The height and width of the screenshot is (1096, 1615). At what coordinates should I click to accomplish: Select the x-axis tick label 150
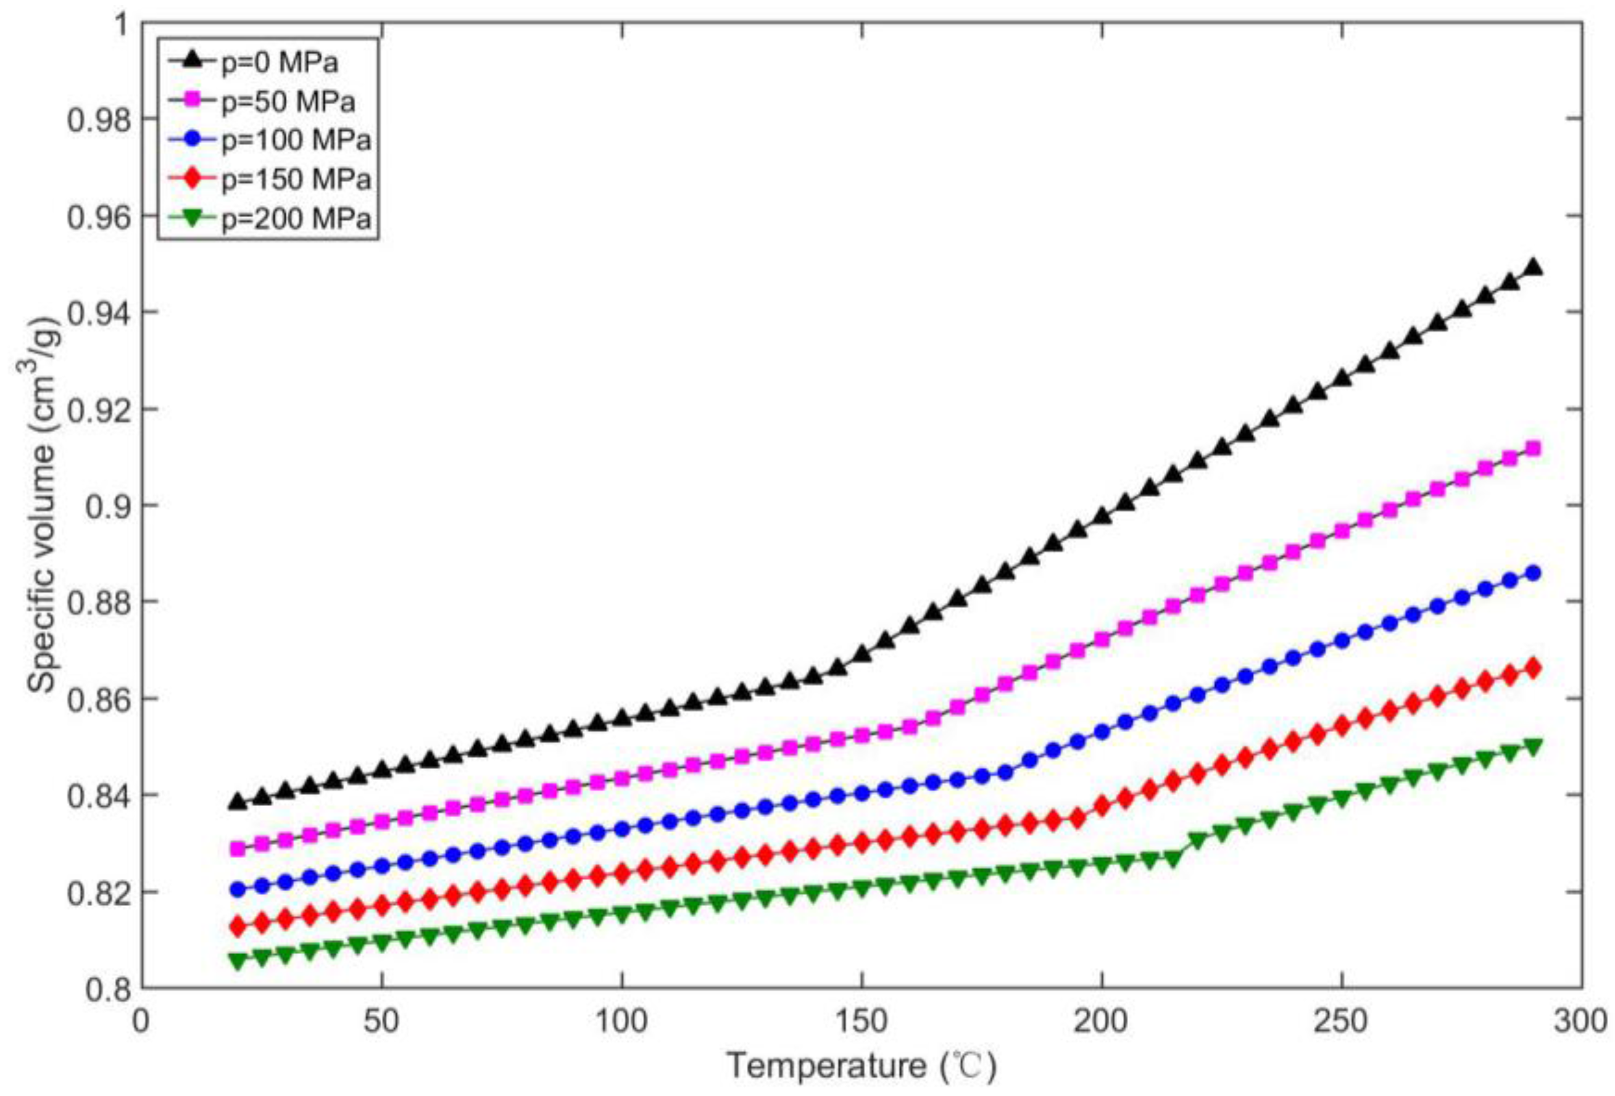point(861,1023)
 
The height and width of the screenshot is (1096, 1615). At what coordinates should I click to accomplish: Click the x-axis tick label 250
point(1341,1023)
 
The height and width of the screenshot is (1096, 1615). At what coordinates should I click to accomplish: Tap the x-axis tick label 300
point(1580,1023)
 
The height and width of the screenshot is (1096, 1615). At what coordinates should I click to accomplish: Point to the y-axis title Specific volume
point(43,506)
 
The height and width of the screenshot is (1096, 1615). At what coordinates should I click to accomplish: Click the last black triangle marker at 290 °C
point(1534,268)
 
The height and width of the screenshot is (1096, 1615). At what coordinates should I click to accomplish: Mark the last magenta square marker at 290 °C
point(1534,448)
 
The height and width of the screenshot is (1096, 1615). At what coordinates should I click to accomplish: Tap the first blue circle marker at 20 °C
point(238,889)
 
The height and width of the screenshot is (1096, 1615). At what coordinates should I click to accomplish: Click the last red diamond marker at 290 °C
point(1534,668)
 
